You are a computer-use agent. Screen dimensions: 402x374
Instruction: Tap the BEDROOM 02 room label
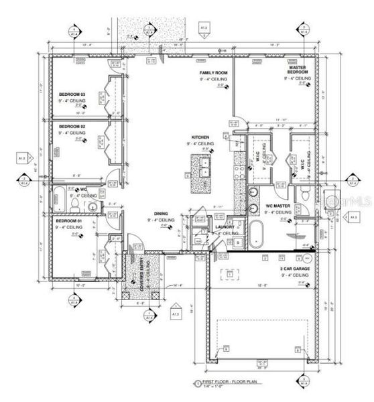click(72, 126)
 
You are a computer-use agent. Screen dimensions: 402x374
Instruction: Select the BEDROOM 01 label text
click(69, 220)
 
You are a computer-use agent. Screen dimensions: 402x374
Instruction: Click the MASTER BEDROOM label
click(298, 70)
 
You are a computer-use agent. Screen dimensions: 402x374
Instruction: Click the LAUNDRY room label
click(225, 227)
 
